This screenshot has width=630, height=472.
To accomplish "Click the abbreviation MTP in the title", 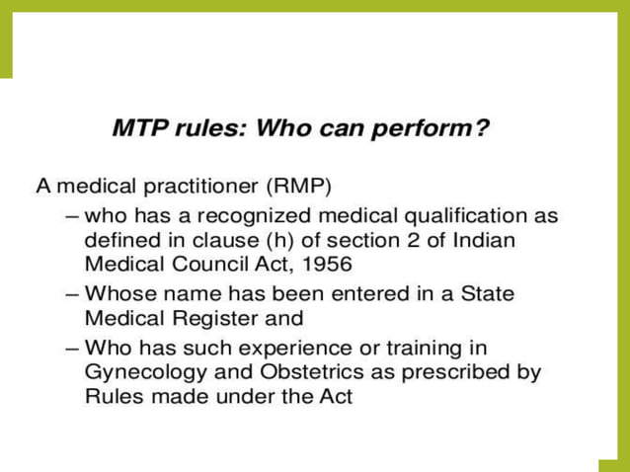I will point(138,129).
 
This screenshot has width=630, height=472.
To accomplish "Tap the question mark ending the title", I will point(482,129).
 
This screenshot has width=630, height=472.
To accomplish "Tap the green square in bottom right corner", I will point(613,465).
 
